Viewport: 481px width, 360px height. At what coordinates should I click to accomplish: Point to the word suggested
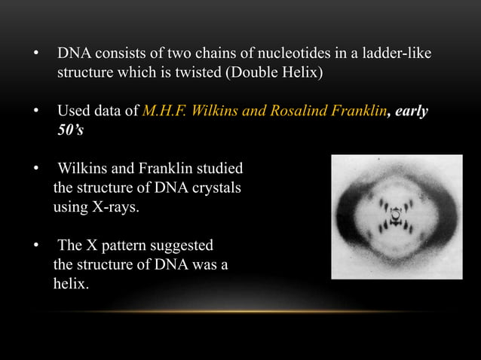point(187,246)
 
